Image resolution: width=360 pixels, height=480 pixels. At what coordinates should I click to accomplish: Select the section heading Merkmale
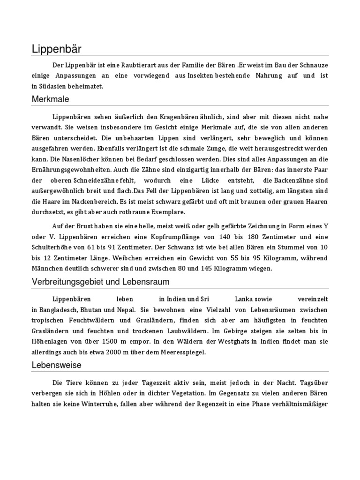pyautogui.click(x=51, y=99)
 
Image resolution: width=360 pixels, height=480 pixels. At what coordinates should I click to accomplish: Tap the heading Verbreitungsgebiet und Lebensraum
pyautogui.click(x=101, y=282)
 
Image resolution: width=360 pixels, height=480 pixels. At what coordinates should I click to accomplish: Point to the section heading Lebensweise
pyautogui.click(x=56, y=364)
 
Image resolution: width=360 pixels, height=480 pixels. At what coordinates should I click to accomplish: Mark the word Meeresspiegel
pyautogui.click(x=180, y=352)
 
